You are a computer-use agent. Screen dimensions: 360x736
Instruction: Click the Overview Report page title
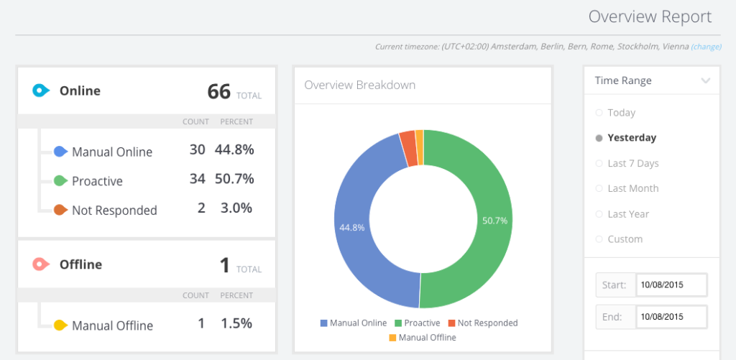[x=650, y=17]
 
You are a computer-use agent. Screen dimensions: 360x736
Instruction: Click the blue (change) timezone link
[x=706, y=47]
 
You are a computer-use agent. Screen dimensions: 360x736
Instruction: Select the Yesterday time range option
[x=631, y=138]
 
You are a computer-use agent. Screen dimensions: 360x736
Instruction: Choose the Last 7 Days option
[x=632, y=163]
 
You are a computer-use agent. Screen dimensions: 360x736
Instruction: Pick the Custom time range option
[x=625, y=239]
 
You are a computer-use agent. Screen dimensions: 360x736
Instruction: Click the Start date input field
[x=671, y=285]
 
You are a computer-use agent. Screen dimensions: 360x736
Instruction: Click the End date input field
[x=671, y=316]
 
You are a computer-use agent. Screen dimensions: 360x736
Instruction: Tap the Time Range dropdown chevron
[x=706, y=80]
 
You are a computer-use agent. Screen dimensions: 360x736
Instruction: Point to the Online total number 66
[x=218, y=92]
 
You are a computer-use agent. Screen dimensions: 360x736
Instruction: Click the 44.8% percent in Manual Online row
[x=236, y=149]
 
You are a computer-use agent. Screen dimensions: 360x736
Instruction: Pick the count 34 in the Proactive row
[x=197, y=178]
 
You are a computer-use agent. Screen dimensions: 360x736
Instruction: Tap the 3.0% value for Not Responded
[x=236, y=208]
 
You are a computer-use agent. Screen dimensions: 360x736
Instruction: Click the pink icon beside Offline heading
[x=40, y=264]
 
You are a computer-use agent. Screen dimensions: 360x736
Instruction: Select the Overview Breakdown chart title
[x=359, y=85]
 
